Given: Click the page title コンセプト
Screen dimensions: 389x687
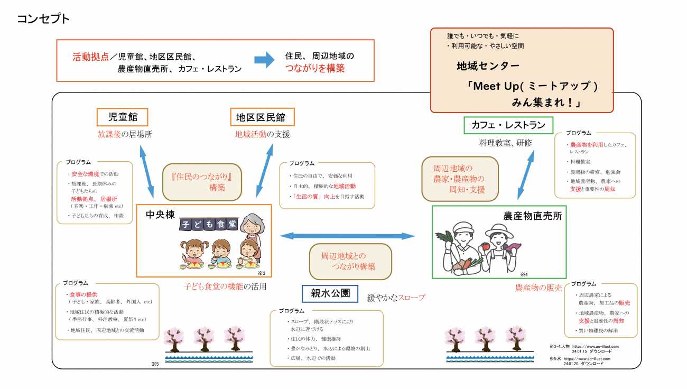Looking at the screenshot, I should (x=43, y=19).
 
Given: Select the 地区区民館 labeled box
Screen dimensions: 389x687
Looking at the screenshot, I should (x=262, y=117).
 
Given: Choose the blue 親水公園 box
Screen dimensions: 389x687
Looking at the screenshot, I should (x=330, y=293).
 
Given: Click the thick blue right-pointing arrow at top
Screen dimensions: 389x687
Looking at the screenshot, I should (x=264, y=60).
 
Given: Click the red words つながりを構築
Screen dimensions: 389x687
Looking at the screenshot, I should (x=315, y=68).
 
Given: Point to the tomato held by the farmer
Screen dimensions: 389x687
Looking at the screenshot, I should (x=485, y=246).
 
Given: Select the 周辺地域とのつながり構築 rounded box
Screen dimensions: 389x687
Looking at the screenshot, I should (x=350, y=261).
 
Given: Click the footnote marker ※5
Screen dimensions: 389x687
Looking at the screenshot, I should (x=155, y=364).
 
